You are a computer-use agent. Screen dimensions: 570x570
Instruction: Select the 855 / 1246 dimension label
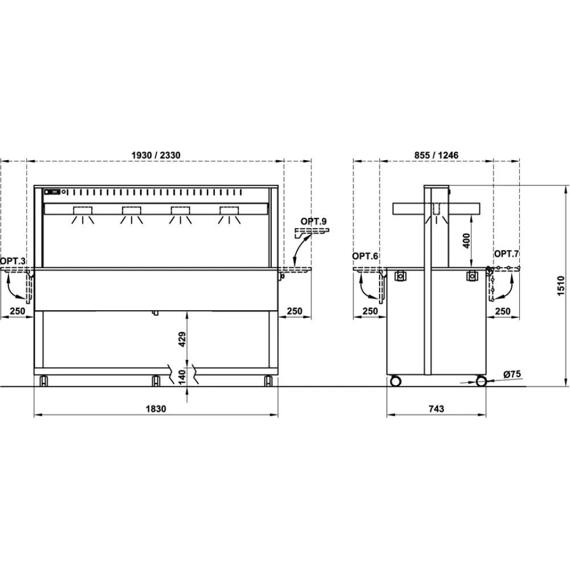click(435, 155)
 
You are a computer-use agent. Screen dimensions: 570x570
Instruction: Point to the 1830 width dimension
click(155, 408)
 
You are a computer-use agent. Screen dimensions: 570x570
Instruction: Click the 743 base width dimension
click(435, 408)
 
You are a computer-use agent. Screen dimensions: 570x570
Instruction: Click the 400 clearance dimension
click(466, 241)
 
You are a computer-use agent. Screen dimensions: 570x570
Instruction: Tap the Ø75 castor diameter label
click(512, 374)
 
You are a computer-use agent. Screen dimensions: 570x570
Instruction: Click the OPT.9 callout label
click(316, 221)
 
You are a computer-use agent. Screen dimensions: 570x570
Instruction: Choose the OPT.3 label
click(13, 260)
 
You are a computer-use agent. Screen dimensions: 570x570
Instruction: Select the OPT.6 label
click(365, 256)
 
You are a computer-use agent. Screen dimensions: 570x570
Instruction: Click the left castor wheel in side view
click(395, 380)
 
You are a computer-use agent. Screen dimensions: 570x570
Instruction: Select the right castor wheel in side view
click(482, 380)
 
